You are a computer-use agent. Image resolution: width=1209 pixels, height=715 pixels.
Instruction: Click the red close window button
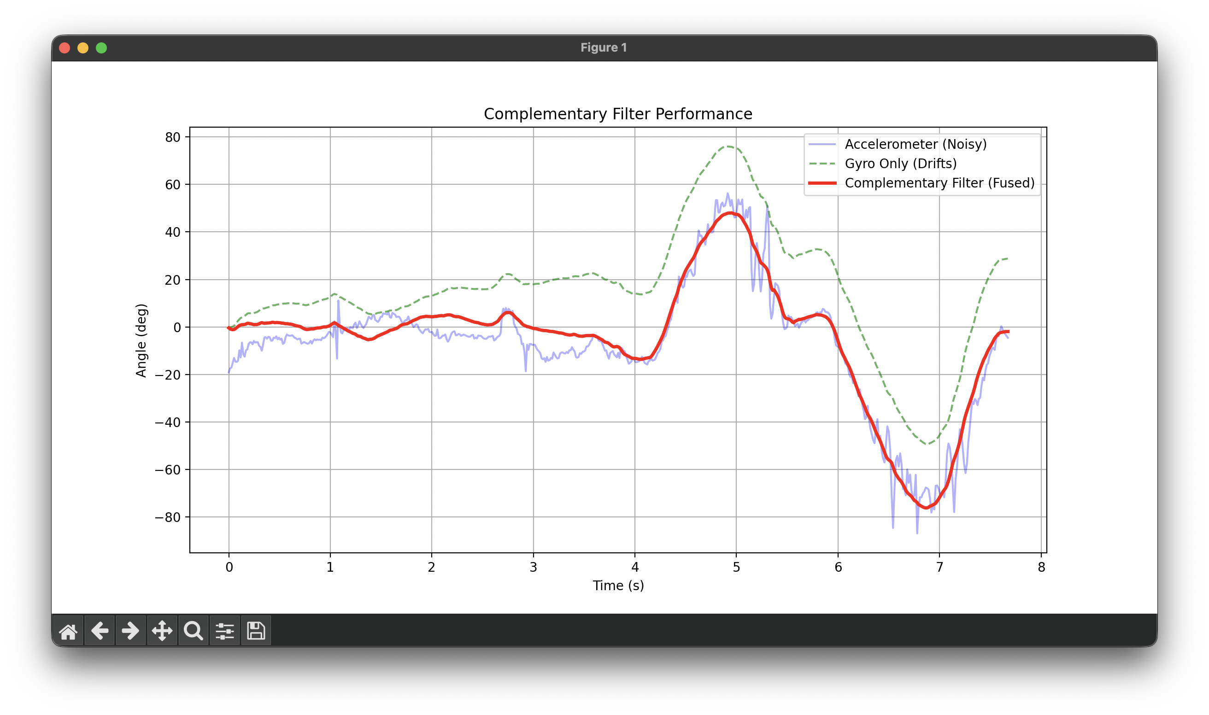coord(65,48)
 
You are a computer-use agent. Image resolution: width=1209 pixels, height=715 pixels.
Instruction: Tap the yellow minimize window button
coord(83,48)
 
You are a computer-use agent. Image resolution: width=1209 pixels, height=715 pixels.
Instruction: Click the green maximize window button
coord(101,48)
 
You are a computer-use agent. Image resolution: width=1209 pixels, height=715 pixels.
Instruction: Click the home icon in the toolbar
coord(68,631)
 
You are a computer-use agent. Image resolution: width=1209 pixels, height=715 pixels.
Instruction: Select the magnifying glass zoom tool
coord(193,631)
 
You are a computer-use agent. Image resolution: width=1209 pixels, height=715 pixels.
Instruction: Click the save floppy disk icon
coord(256,631)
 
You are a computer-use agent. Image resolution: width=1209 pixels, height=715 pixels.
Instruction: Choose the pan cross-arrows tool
coord(162,631)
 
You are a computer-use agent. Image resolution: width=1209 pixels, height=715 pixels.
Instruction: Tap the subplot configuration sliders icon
coord(224,631)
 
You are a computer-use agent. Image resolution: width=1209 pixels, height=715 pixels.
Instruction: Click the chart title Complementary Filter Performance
coord(618,114)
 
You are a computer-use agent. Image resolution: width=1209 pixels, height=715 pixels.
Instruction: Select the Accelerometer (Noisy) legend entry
coord(916,145)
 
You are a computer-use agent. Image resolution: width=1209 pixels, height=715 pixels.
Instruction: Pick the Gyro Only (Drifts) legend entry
coord(900,164)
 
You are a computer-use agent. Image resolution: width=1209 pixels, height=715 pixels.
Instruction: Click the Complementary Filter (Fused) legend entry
coord(939,183)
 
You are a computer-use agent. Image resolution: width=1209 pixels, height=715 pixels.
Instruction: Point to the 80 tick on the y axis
coord(172,137)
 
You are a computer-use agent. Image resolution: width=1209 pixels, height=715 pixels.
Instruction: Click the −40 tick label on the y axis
coord(167,422)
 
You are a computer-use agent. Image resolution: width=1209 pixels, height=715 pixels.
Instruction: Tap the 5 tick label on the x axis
coord(736,568)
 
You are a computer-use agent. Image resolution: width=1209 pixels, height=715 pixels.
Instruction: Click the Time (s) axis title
coord(618,586)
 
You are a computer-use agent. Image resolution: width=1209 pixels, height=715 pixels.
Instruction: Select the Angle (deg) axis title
coord(141,340)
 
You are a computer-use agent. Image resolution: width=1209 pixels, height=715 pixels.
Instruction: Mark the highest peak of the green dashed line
coord(728,147)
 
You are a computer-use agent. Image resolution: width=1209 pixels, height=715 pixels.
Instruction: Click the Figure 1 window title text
coord(603,48)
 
